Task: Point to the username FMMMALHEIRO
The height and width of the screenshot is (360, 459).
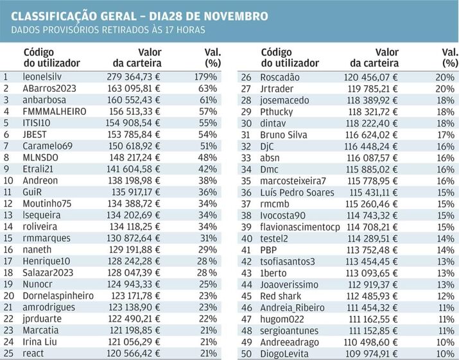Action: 55,111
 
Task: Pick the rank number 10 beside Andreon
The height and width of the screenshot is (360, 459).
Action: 8,180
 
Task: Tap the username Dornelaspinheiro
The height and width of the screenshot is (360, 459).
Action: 58,296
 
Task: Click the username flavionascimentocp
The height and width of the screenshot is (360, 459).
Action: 300,227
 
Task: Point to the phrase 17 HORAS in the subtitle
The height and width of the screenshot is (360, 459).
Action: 186,30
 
